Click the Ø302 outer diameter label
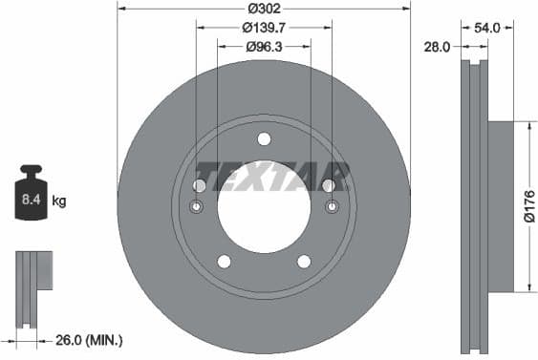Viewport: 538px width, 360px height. [x=265, y=11]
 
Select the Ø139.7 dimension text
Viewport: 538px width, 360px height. [x=265, y=28]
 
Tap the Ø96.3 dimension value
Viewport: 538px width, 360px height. [x=265, y=46]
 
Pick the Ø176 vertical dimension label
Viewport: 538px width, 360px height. [x=528, y=206]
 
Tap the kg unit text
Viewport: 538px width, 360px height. [x=59, y=201]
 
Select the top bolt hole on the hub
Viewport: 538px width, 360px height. [x=264, y=138]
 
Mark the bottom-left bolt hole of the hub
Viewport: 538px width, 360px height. [x=224, y=262]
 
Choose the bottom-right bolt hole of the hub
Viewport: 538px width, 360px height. [x=304, y=262]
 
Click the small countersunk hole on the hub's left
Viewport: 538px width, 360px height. [x=197, y=207]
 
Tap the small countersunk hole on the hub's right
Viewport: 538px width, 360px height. [x=332, y=207]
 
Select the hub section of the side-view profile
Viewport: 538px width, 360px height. [x=501, y=206]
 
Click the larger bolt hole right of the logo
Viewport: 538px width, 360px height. [x=329, y=185]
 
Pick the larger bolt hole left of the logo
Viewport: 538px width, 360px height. [x=200, y=185]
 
